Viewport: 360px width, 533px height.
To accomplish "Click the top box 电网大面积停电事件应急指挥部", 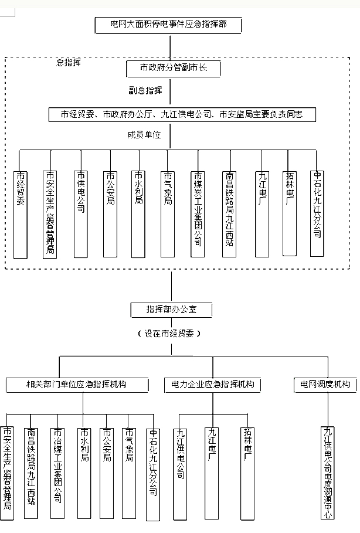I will pyautogui.click(x=169, y=25).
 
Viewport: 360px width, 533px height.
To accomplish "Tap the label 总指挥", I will pyautogui.click(x=68, y=61).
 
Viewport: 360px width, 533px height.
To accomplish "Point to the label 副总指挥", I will pyautogui.click(x=146, y=91).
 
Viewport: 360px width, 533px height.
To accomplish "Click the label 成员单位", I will pyautogui.click(x=144, y=134).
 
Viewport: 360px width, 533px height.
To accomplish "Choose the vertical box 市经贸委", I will pyautogui.click(x=21, y=214).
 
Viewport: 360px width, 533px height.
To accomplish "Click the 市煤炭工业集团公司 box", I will pyautogui.click(x=198, y=214).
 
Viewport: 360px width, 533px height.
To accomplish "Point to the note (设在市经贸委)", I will pyautogui.click(x=171, y=333).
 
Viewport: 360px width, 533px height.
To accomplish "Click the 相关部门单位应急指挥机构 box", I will pyautogui.click(x=76, y=385).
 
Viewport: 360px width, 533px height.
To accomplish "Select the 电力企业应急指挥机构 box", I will pyautogui.click(x=213, y=385).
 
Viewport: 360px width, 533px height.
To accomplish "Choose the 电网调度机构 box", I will pyautogui.click(x=325, y=385).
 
